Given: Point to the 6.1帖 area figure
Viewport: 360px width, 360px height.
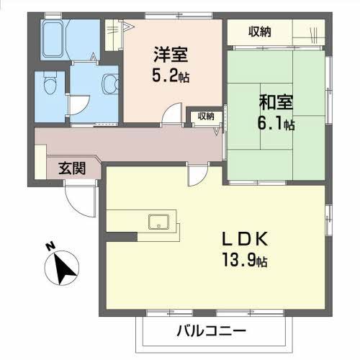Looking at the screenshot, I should [x=274, y=125].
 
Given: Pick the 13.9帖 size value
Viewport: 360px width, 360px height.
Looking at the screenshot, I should [x=244, y=261].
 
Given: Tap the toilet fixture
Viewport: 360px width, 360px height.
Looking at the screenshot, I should [x=48, y=84].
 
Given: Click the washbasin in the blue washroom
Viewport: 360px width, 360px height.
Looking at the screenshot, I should [x=110, y=84].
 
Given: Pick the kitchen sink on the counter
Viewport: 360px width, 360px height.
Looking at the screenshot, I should [x=158, y=222].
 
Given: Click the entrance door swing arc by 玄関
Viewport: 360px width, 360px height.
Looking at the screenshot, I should [x=81, y=197].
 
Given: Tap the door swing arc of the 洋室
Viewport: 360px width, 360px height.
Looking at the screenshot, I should [x=172, y=115].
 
